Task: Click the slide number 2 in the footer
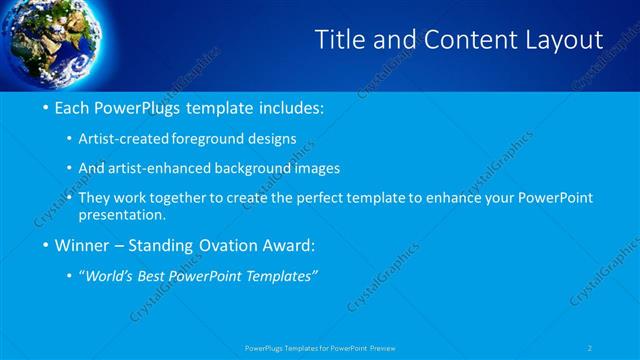(590, 348)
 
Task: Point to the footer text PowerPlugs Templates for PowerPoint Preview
(320, 348)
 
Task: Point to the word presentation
(128, 215)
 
